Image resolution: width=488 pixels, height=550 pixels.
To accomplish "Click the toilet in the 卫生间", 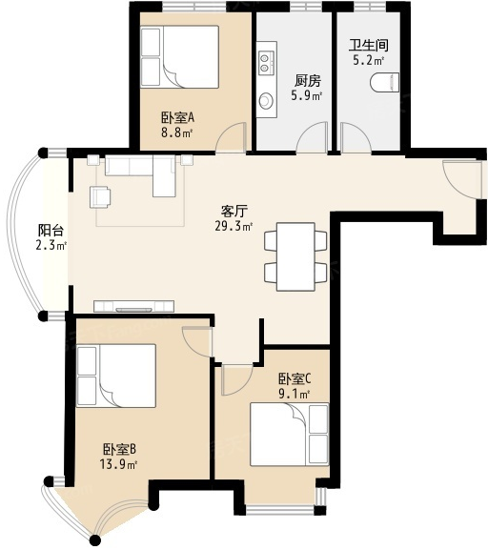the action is (x=385, y=83).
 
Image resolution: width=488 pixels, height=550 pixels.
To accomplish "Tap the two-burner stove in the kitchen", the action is (x=266, y=63).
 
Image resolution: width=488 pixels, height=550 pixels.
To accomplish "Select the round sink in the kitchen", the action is (x=266, y=101).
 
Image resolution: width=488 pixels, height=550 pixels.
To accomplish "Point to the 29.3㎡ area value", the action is (x=234, y=226).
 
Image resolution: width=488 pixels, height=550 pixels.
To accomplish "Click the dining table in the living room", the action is (x=295, y=256).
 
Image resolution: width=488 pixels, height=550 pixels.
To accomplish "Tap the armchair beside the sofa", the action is (x=100, y=197).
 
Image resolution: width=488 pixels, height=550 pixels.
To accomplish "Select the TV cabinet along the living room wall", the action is (x=134, y=306).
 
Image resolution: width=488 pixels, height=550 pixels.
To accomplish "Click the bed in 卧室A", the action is (x=179, y=56).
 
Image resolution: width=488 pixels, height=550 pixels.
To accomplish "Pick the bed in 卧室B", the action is (x=116, y=376).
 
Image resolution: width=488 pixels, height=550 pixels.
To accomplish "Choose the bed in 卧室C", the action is (x=290, y=435).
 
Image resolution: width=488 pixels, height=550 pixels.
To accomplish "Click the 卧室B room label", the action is (x=119, y=449).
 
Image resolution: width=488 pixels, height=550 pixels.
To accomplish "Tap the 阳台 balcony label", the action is (x=51, y=231).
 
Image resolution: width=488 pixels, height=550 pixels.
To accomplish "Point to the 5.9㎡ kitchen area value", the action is (x=307, y=95).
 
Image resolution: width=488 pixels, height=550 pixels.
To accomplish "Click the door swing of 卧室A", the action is (x=231, y=137).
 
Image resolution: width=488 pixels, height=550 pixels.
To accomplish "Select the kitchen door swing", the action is (x=313, y=137).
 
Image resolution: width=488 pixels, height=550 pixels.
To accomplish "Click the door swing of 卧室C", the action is (x=236, y=380).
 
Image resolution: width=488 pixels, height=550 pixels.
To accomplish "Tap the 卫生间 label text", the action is (x=368, y=45).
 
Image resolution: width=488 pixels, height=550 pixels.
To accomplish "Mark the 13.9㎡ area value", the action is (x=118, y=464).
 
